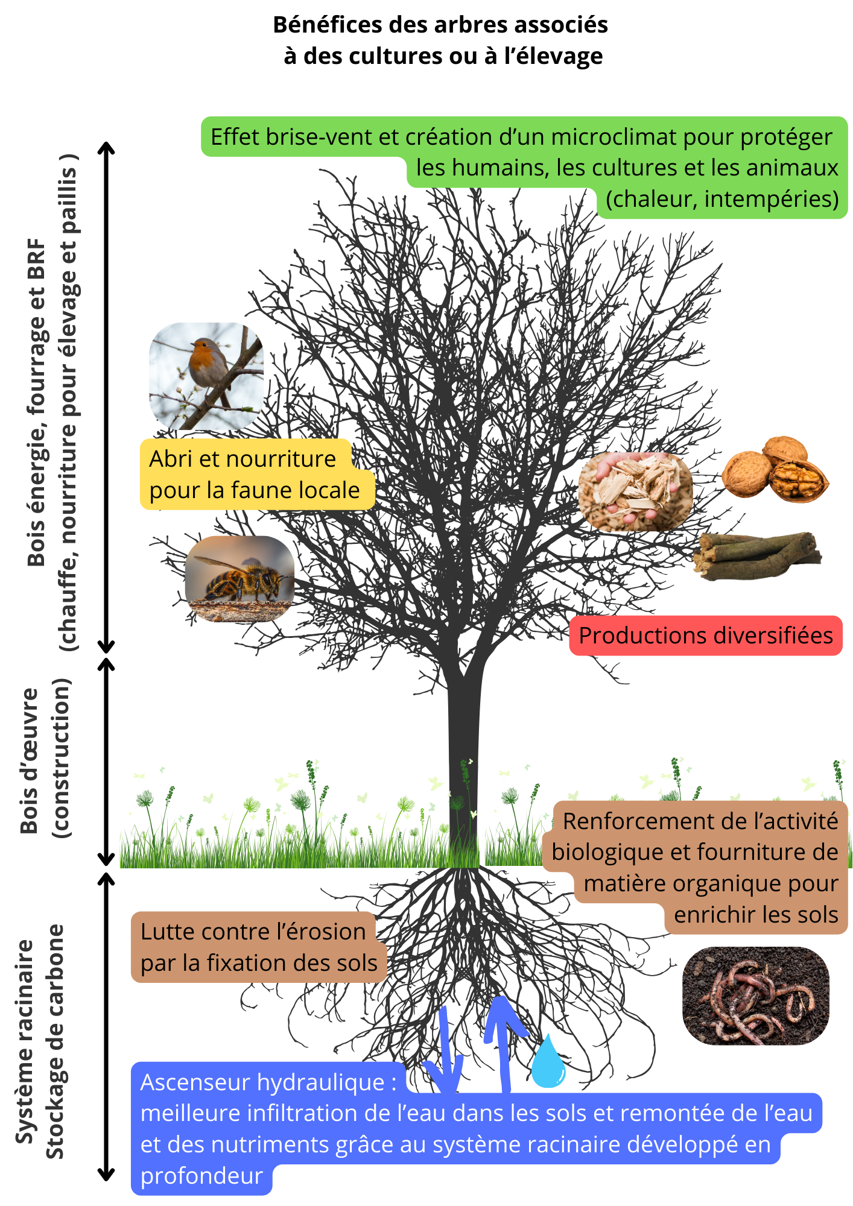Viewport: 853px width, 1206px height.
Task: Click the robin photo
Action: click(206, 376)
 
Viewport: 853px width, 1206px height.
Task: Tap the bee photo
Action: click(239, 579)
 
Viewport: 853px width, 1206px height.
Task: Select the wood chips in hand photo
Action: click(635, 492)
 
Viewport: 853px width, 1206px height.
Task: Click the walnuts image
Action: click(775, 469)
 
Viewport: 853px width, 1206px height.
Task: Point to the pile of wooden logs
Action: click(757, 556)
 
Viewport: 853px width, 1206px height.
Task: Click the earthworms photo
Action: click(756, 996)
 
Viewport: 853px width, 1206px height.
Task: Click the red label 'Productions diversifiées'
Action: click(706, 636)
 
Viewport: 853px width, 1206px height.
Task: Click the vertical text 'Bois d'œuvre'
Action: click(29, 762)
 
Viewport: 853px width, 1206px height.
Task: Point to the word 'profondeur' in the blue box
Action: click(201, 1176)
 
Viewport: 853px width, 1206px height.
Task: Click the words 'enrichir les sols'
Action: click(756, 915)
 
